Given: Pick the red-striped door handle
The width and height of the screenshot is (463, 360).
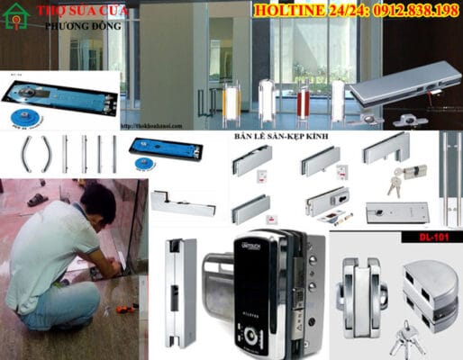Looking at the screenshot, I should point(304,99).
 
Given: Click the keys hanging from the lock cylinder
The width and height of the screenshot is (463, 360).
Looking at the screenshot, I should point(395,184).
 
